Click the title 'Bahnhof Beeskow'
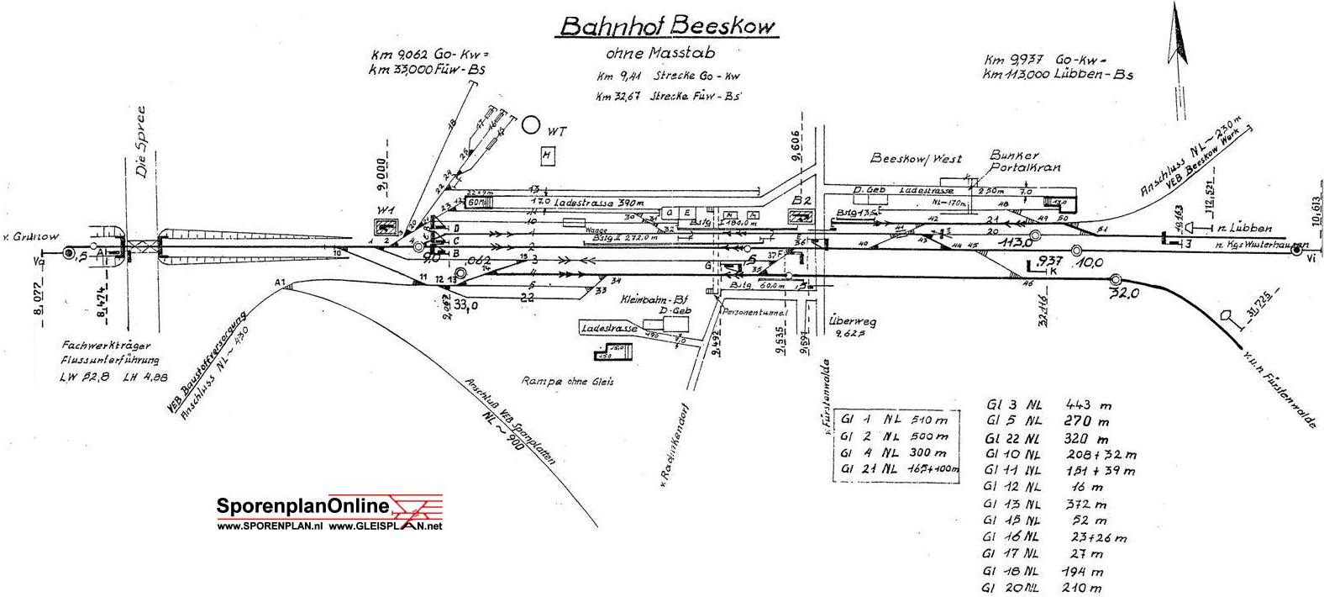pyautogui.click(x=668, y=26)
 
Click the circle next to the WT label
pyautogui.click(x=530, y=125)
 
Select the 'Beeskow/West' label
pyautogui.click(x=915, y=159)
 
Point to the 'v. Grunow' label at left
pyautogui.click(x=31, y=237)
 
